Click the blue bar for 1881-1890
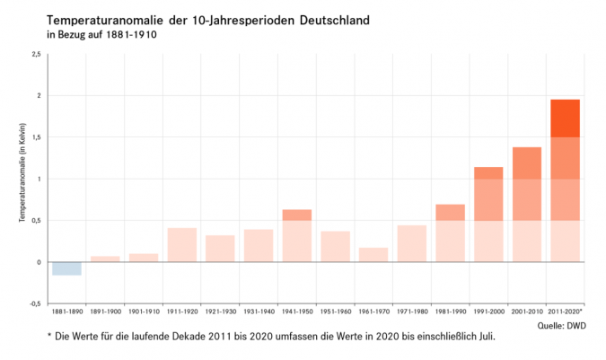pyautogui.click(x=66, y=268)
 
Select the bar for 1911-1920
pyautogui.click(x=181, y=245)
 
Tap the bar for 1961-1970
pyautogui.click(x=373, y=255)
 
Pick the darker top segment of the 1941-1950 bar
pyautogui.click(x=296, y=215)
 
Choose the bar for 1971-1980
pyautogui.click(x=411, y=243)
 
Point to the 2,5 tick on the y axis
pyautogui.click(x=36, y=54)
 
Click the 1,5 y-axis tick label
pyautogui.click(x=36, y=137)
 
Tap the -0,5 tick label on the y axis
pyautogui.click(x=35, y=303)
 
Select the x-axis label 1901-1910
pyautogui.click(x=144, y=311)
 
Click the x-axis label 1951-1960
pyautogui.click(x=335, y=311)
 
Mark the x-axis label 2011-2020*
pyautogui.click(x=566, y=311)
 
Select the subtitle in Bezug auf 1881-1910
pyautogui.click(x=101, y=35)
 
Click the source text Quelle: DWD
pyautogui.click(x=562, y=325)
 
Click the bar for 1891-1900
pyautogui.click(x=105, y=259)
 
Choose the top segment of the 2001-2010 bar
pyautogui.click(x=526, y=163)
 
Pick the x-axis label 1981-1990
pyautogui.click(x=450, y=311)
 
